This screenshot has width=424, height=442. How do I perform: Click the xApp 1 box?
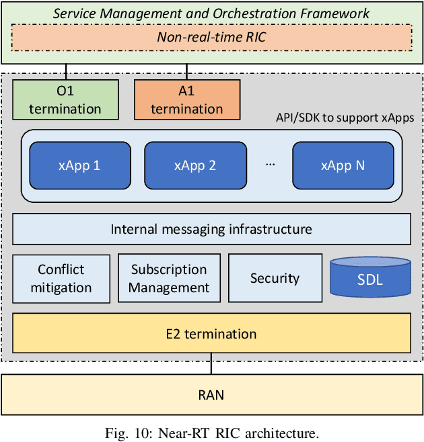click(x=80, y=165)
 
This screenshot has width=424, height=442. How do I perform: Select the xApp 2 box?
click(x=195, y=165)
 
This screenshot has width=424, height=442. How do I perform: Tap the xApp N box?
click(x=343, y=165)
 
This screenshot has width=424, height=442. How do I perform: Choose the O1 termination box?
click(x=65, y=100)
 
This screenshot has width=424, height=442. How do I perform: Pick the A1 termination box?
click(x=187, y=100)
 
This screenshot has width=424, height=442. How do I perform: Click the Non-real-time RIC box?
click(x=211, y=38)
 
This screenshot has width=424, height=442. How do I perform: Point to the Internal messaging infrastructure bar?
click(x=211, y=229)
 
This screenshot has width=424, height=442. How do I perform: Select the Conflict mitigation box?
click(x=61, y=279)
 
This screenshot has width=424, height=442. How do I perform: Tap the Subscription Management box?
click(x=169, y=279)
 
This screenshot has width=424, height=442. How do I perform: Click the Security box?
click(x=275, y=279)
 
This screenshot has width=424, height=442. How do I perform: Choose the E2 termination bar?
click(x=211, y=334)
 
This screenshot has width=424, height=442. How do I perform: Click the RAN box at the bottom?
click(x=211, y=395)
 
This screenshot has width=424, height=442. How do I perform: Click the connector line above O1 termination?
click(x=66, y=72)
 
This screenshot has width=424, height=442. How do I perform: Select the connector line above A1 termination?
click(x=187, y=72)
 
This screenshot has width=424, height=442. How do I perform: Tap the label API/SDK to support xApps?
click(x=345, y=118)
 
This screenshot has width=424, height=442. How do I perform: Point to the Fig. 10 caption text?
click(x=211, y=432)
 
